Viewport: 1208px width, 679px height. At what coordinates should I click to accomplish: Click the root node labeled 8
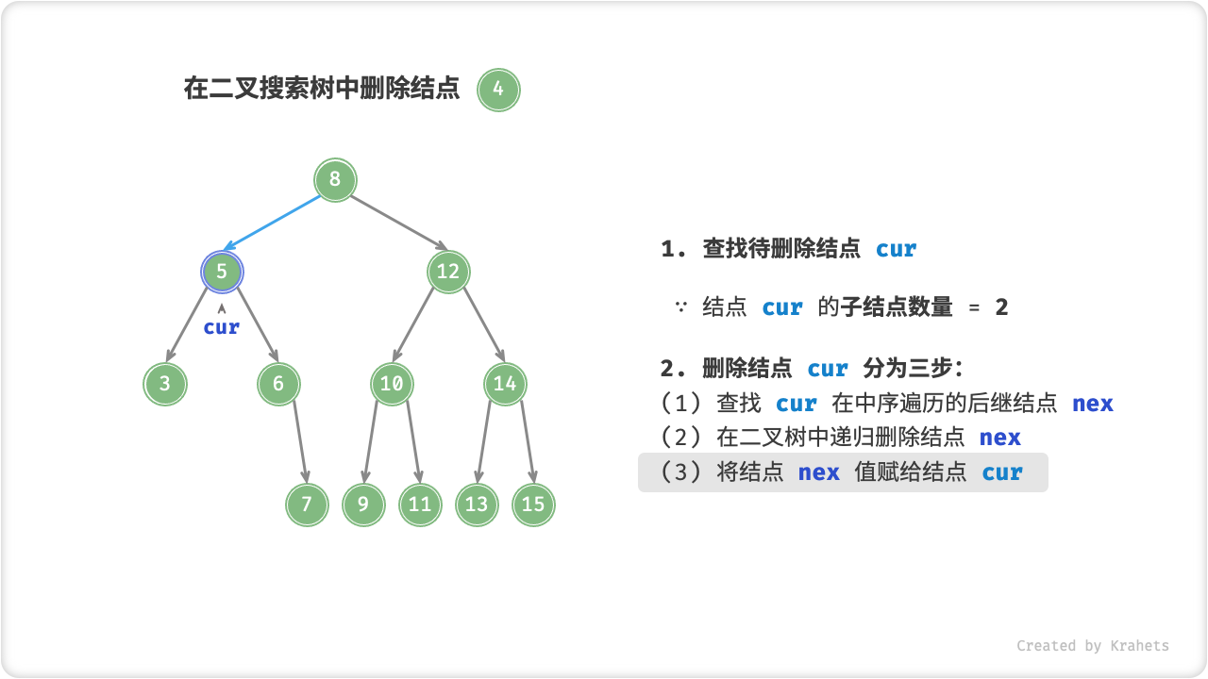(x=335, y=180)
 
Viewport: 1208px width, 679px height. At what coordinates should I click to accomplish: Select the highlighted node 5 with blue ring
(x=222, y=273)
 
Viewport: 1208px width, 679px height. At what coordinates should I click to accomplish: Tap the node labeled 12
(x=448, y=273)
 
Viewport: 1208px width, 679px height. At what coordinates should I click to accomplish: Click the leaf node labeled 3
(x=165, y=384)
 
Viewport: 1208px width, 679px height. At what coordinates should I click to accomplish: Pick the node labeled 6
(x=278, y=384)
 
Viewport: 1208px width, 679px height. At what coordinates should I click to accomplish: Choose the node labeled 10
(x=392, y=384)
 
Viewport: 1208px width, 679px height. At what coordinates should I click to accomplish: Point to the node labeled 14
(x=505, y=384)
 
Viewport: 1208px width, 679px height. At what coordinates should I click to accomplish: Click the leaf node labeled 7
(x=307, y=505)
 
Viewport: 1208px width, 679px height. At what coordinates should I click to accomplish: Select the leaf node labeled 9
(x=363, y=505)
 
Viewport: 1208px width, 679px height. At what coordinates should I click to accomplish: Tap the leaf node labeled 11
(x=420, y=505)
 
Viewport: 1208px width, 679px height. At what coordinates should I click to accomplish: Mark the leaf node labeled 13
(x=477, y=505)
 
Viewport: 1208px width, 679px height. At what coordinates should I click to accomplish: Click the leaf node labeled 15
(x=533, y=505)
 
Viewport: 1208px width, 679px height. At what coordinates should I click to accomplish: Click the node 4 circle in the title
(x=498, y=91)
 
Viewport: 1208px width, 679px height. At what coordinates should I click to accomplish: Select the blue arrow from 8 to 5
(x=278, y=226)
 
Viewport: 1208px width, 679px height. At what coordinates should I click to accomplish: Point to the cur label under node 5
(x=222, y=327)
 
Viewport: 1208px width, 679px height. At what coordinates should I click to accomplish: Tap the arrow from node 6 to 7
(x=300, y=443)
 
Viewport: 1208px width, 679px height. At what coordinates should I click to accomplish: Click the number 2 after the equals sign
(x=1001, y=307)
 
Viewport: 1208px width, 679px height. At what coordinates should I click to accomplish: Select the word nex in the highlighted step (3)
(x=818, y=472)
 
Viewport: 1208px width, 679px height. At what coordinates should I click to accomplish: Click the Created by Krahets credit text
(x=1092, y=646)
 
